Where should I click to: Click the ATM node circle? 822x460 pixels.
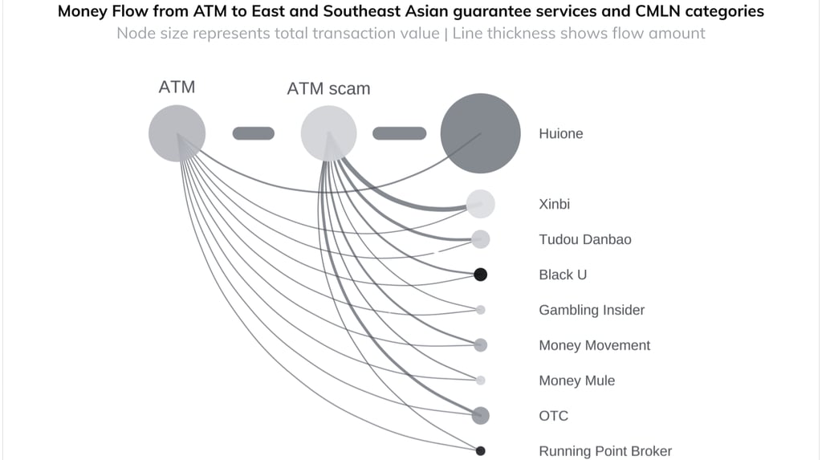click(177, 133)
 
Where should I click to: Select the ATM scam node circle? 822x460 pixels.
click(328, 133)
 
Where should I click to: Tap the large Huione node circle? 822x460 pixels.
click(481, 133)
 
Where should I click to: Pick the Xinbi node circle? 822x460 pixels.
click(481, 204)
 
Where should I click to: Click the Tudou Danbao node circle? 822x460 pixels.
click(481, 238)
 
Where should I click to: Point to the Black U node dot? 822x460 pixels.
click(480, 275)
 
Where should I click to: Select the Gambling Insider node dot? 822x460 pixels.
click(480, 310)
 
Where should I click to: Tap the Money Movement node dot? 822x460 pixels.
click(480, 345)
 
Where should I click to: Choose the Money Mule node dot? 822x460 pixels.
click(480, 381)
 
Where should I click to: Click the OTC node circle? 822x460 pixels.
click(480, 415)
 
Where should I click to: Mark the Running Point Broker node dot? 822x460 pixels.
click(480, 450)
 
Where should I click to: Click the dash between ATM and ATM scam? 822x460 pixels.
click(254, 133)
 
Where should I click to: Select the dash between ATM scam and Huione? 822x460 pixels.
click(399, 133)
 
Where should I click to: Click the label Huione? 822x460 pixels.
click(560, 134)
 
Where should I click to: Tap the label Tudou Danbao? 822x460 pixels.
click(584, 240)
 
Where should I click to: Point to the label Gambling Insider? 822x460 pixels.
click(592, 310)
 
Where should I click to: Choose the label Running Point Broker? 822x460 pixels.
click(605, 451)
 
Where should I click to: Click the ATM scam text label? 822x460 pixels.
click(328, 89)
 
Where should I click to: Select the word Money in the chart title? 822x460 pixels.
click(84, 12)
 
